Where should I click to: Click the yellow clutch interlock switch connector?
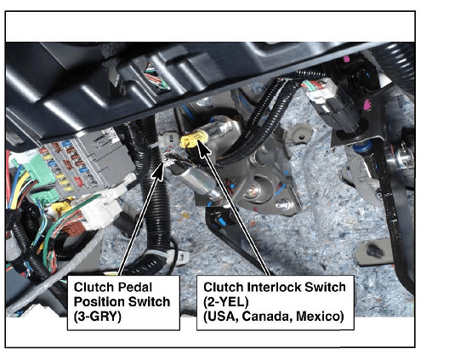pyautogui.click(x=190, y=140)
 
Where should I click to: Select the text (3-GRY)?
pyautogui.click(x=97, y=317)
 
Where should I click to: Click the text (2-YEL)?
pyautogui.click(x=226, y=301)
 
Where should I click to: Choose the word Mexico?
pyautogui.click(x=320, y=316)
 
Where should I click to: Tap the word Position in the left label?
pyautogui.click(x=99, y=301)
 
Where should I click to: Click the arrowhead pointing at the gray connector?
pyautogui.click(x=160, y=172)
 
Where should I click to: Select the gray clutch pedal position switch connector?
pyautogui.click(x=169, y=141)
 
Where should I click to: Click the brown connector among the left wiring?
pyautogui.click(x=73, y=228)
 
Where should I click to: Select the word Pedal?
pyautogui.click(x=135, y=287)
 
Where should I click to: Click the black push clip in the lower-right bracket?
pyautogui.click(x=375, y=251)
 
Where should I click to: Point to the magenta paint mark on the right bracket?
pyautogui.click(x=367, y=105)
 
